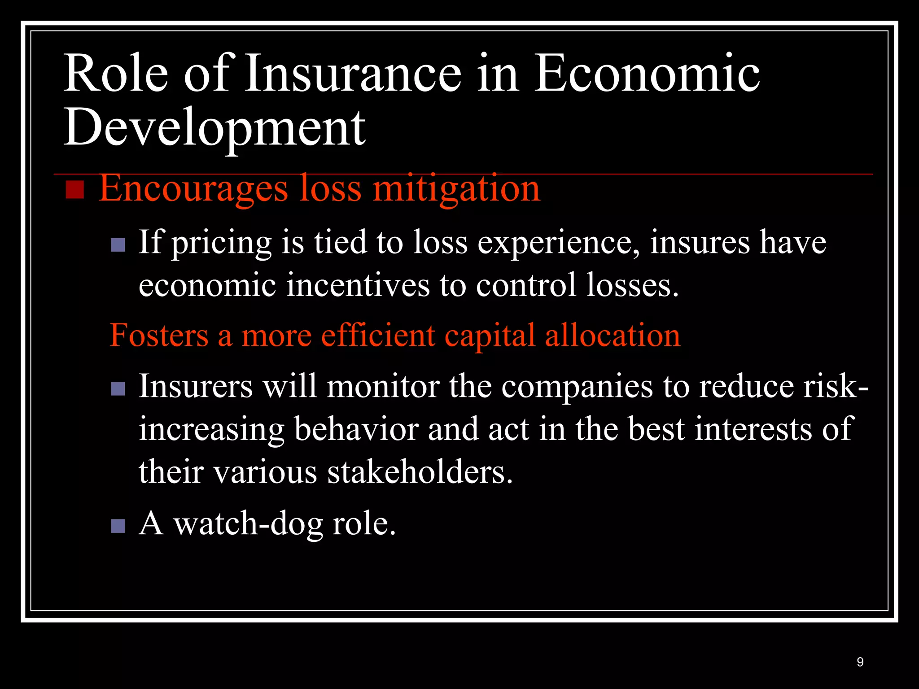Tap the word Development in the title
(x=214, y=129)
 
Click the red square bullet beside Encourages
(x=75, y=190)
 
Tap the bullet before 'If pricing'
(x=118, y=245)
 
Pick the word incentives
(x=358, y=285)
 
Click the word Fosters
(x=159, y=336)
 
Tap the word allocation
(x=612, y=336)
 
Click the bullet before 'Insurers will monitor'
(x=118, y=388)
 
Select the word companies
(x=577, y=387)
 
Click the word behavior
(x=356, y=429)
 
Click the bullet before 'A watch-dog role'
(x=118, y=526)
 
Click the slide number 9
(x=860, y=662)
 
